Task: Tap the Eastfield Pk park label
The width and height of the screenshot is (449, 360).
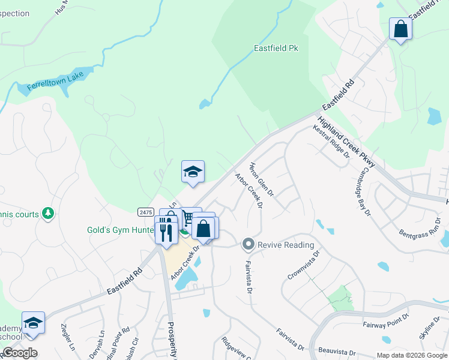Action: tap(277, 47)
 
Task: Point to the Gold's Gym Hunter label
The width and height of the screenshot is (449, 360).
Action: tap(120, 230)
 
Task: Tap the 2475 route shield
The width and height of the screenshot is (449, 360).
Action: tap(145, 212)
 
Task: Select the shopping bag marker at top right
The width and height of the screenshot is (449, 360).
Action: tap(400, 28)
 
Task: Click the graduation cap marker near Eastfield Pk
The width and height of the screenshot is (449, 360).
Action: tap(193, 172)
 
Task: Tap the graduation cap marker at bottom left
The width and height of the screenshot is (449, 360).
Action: tap(34, 323)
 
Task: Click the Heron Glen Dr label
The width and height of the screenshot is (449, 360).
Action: tap(261, 179)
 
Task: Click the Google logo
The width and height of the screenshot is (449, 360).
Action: tap(20, 353)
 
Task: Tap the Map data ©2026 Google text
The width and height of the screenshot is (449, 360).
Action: tap(411, 355)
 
